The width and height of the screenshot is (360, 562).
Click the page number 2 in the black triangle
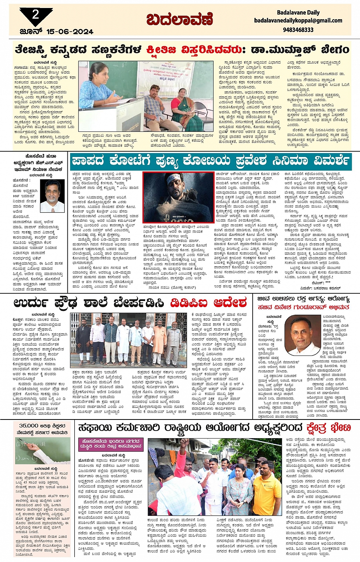pyautogui.click(x=35, y=14)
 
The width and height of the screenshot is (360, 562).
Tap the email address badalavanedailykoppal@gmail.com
pyautogui.click(x=298, y=21)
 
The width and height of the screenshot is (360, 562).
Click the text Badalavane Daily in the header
pyautogui.click(x=298, y=13)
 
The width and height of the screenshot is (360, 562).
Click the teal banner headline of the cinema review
pyautogui.click(x=210, y=160)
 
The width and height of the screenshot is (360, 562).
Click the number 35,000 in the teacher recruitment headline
pyautogui.click(x=28, y=426)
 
